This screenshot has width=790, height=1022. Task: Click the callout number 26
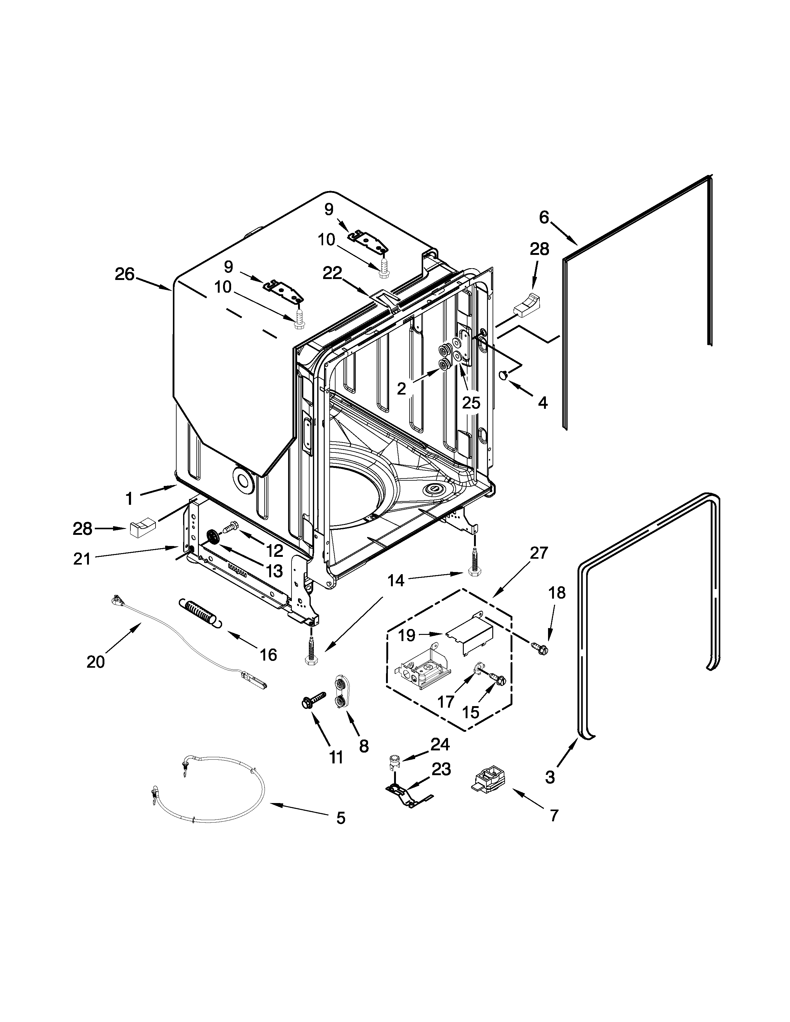point(125,274)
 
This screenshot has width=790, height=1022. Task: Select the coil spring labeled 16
point(199,612)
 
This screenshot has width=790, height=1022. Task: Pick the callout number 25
point(471,402)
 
